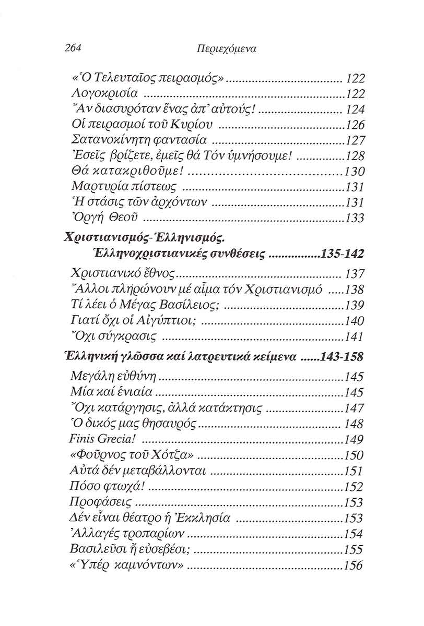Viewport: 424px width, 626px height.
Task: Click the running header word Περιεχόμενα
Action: [x=226, y=49]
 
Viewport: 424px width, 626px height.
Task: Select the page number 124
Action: [x=355, y=110]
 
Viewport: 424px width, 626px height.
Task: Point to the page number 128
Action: [x=355, y=156]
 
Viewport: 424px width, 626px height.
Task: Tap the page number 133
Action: [x=355, y=218]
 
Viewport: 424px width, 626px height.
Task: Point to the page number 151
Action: [x=354, y=471]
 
